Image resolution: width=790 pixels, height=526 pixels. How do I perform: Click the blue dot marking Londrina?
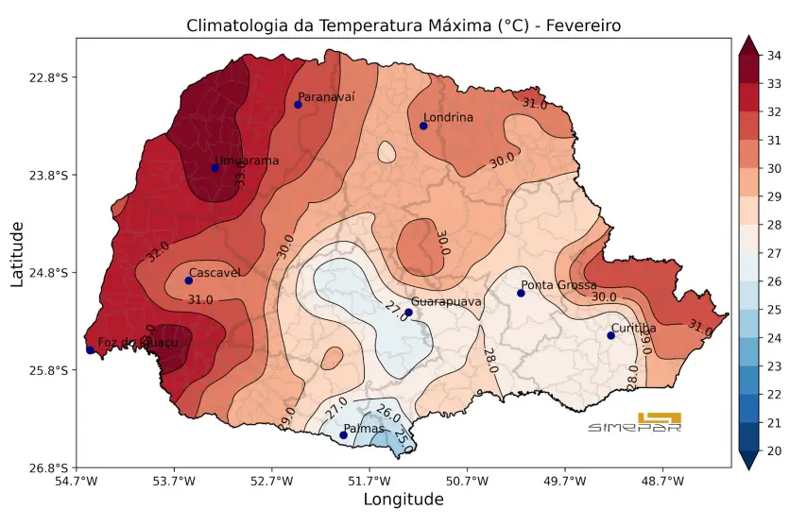point(423,126)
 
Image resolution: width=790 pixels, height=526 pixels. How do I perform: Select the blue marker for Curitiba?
point(610,335)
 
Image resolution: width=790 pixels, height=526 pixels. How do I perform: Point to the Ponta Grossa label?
point(558,285)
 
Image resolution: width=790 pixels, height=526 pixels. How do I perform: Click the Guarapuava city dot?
point(408,313)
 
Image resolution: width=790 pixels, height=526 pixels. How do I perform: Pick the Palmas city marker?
point(343,435)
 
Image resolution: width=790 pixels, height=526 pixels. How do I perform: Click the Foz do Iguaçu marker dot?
point(90,350)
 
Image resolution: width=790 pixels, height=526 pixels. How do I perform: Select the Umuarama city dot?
point(215,168)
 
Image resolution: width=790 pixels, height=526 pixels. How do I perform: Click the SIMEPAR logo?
point(635,422)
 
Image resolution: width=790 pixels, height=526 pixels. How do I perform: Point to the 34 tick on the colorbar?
point(773,56)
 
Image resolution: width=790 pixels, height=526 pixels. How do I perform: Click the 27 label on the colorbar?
point(773,253)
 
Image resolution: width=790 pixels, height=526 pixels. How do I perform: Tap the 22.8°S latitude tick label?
point(48,77)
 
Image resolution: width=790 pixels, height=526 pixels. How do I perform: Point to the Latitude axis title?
point(17,253)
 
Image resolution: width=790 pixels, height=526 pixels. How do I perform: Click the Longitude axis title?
point(404,500)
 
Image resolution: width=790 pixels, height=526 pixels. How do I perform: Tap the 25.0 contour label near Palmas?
point(404,438)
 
